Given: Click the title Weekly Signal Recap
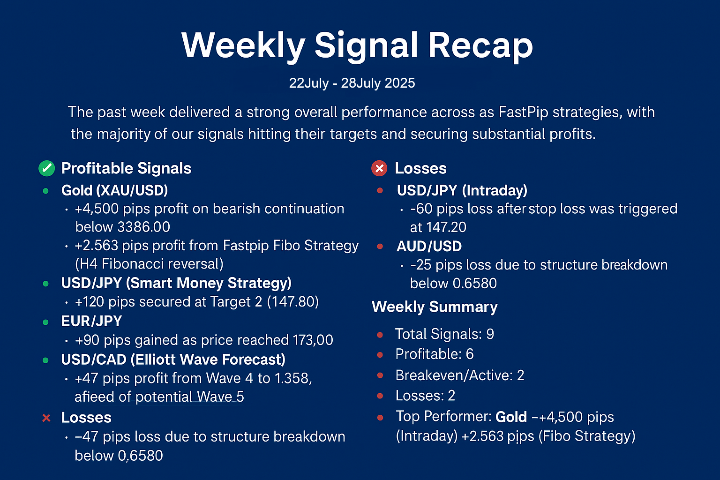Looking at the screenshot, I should tap(357, 45).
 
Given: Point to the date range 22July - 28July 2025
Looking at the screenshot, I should tap(352, 83).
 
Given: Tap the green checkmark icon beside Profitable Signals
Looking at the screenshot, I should tap(46, 168).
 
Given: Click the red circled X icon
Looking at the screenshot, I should tap(379, 168).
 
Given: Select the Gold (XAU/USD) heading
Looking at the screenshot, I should tap(114, 190).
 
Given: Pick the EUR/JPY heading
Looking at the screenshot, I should tap(91, 321).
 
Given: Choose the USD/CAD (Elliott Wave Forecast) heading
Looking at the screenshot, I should tap(173, 360).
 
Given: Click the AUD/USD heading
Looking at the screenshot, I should tap(429, 246).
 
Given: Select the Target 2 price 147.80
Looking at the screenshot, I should tap(293, 302).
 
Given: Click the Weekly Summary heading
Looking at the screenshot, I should tap(435, 307).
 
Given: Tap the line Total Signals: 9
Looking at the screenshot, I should tap(444, 334).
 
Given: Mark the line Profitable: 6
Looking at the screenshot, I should tap(434, 354).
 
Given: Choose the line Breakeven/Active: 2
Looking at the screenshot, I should tap(459, 375).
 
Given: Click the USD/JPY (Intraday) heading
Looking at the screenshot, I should tap(462, 190).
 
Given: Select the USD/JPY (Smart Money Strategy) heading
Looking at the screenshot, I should tap(176, 283).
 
